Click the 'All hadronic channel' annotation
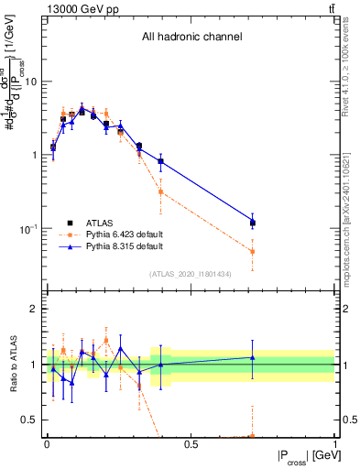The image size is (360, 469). pos(191,37)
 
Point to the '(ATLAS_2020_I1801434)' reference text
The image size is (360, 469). pos(191,274)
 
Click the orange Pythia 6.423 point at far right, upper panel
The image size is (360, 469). pos(252,251)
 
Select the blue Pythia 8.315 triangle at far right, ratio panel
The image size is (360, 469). pos(252,357)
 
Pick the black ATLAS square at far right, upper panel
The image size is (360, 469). pos(252,223)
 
